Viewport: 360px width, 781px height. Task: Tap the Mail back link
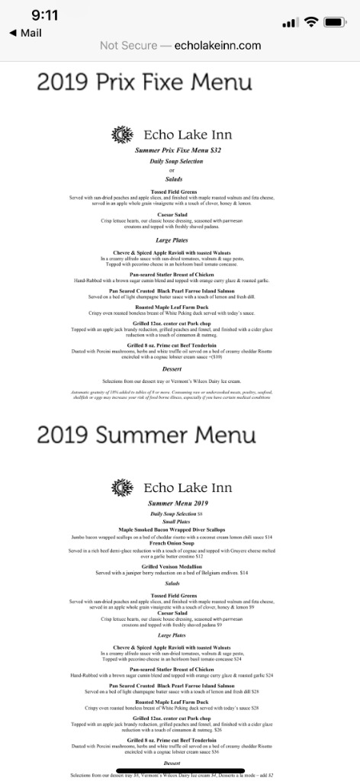click(x=25, y=33)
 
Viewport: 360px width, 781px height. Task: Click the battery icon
click(x=336, y=22)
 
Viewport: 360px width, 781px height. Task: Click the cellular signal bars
click(x=289, y=23)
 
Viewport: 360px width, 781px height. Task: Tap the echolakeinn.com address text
click(x=217, y=46)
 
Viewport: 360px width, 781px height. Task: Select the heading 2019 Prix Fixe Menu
click(x=144, y=82)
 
